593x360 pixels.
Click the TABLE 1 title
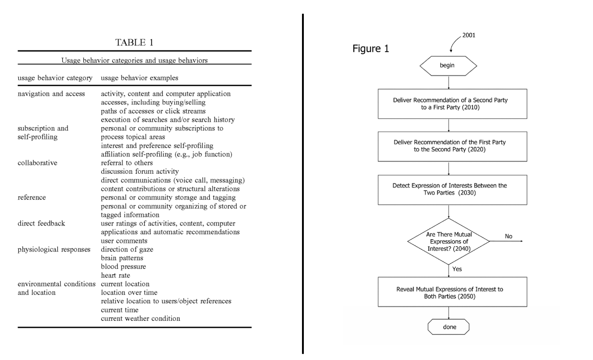click(x=135, y=43)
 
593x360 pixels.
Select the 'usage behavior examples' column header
click(x=133, y=77)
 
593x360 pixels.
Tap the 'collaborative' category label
click(x=38, y=163)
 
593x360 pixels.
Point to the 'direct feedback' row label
click(x=42, y=224)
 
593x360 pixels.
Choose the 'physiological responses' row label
click(x=54, y=249)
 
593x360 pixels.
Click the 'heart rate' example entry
click(x=115, y=275)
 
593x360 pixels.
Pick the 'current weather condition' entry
click(x=140, y=318)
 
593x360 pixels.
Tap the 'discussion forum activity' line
click(x=139, y=172)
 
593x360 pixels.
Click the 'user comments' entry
click(x=124, y=241)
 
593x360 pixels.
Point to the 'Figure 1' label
click(x=371, y=49)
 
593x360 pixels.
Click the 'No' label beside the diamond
click(x=508, y=236)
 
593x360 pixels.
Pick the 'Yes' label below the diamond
click(x=457, y=269)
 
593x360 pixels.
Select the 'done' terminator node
click(x=449, y=327)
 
